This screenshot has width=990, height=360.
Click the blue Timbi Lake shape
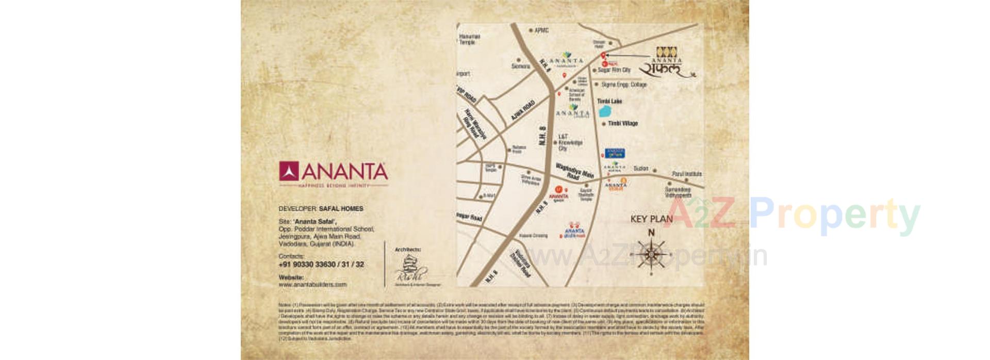tap(604, 111)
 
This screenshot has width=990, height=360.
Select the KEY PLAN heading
tap(651, 219)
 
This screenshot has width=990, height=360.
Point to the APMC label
tap(541, 30)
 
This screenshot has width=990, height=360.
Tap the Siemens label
tap(520, 67)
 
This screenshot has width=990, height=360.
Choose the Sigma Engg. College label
tap(623, 85)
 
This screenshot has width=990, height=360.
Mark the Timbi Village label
tap(622, 124)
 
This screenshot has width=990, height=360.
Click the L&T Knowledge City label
tap(570, 142)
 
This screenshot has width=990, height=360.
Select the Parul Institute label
tap(687, 174)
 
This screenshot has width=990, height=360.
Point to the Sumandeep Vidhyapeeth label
tap(678, 192)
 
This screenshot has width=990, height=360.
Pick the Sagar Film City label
tap(614, 70)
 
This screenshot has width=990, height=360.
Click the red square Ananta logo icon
tap(289, 171)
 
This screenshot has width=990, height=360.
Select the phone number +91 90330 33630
tap(321, 265)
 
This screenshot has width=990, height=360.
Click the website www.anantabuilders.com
tap(312, 284)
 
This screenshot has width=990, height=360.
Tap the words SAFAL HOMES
tap(341, 209)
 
